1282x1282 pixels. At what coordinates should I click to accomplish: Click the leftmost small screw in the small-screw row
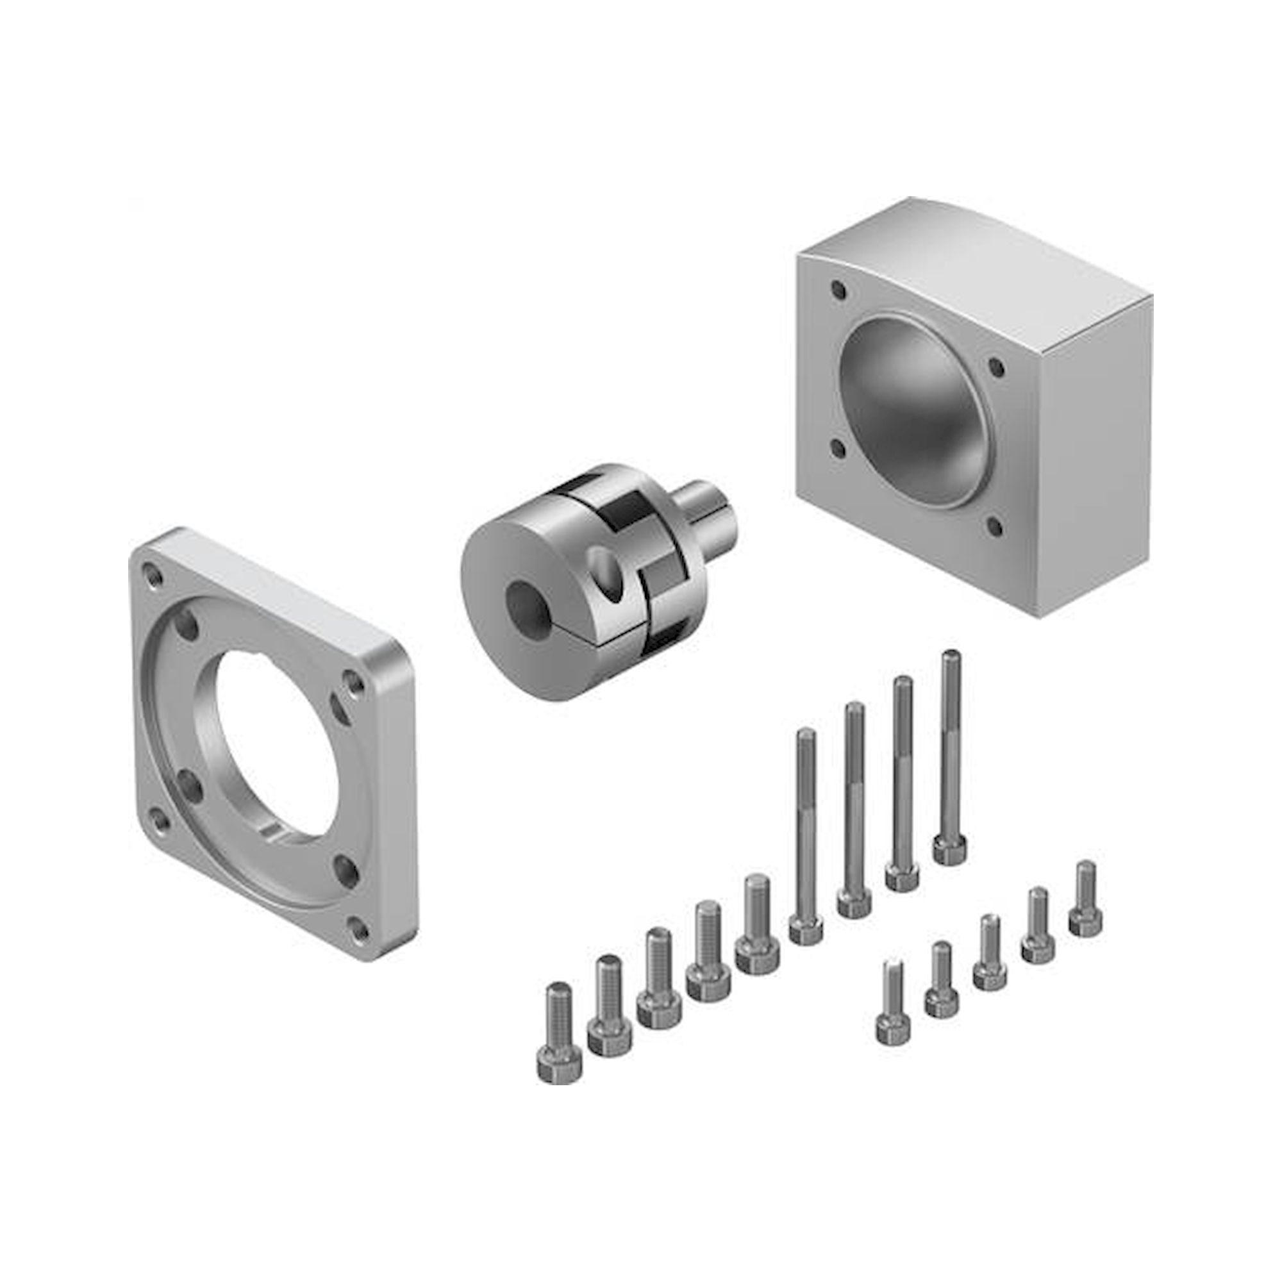pyautogui.click(x=893, y=1012)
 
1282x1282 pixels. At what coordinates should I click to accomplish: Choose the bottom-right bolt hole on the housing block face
pyautogui.click(x=994, y=526)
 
